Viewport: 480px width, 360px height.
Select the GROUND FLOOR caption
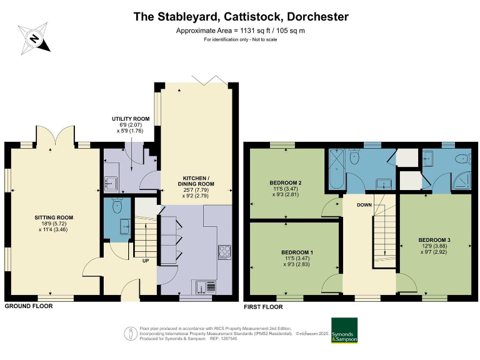coord(29,306)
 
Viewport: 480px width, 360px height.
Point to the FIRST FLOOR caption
coord(262,307)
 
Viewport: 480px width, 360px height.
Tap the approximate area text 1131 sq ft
coord(241,31)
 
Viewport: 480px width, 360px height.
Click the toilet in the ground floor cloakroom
coord(116,204)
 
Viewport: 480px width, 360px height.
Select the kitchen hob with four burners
coord(224,252)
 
